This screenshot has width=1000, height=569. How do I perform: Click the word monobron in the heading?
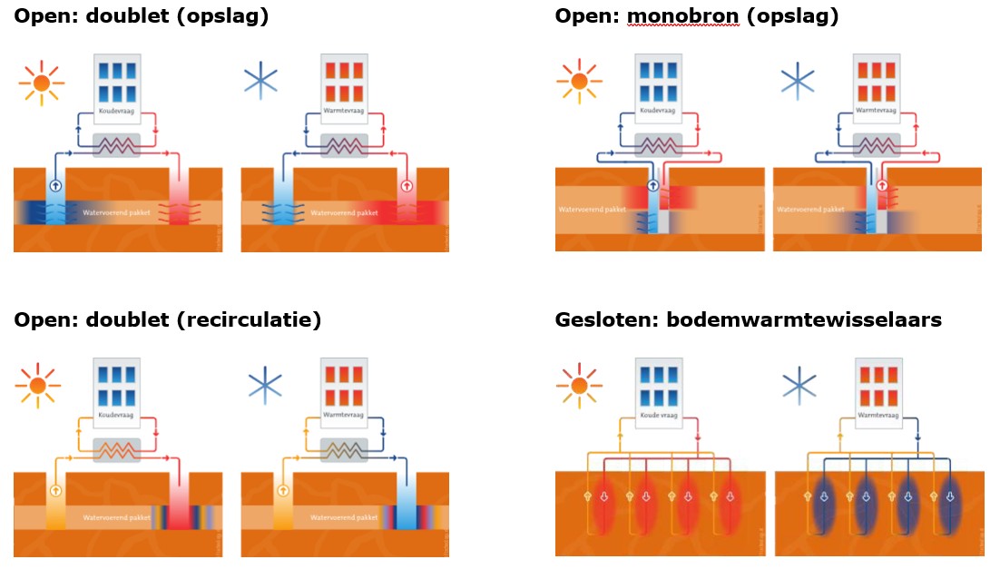pos(683,15)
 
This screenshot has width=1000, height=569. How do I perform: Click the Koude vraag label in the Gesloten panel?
pos(660,415)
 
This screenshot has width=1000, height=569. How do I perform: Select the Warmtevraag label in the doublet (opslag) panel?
pos(344,112)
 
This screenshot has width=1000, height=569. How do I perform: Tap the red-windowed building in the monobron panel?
pos(877,83)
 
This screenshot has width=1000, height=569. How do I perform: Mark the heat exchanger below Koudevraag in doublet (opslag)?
pos(117,144)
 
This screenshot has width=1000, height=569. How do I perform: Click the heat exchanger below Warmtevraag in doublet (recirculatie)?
pos(344,448)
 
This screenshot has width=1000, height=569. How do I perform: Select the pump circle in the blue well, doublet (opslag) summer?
pos(57,185)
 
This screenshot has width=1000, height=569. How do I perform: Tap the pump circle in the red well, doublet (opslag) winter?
pos(406,185)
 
